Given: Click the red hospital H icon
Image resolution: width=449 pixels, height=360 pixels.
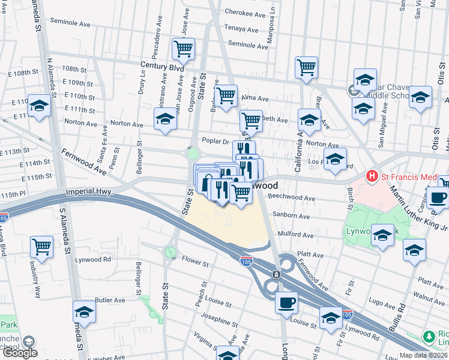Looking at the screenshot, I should coord(372,176).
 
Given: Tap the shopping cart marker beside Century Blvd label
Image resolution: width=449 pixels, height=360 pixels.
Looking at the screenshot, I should coord(183,49).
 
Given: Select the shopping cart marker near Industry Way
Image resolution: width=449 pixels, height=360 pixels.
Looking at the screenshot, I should coord(41,246).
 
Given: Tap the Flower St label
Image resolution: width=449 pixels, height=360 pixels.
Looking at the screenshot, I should coord(196,263).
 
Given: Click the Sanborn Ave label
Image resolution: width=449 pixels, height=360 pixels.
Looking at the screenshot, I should coord(292,215).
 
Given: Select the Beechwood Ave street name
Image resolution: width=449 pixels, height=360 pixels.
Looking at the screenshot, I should coord(292,197).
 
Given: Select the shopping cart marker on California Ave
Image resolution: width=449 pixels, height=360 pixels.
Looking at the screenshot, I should coord(306,67).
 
